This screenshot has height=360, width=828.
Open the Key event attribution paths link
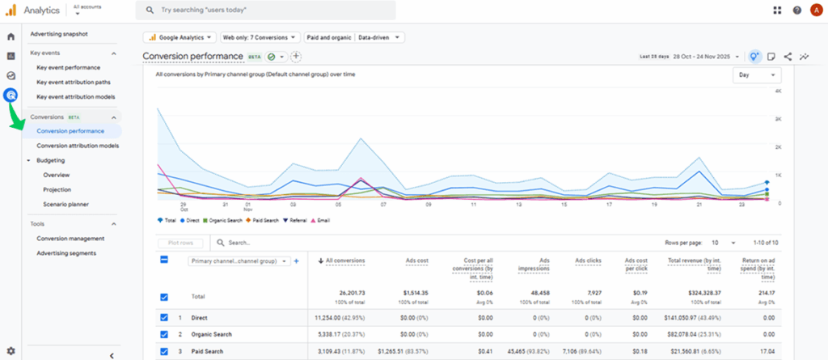point(74,82)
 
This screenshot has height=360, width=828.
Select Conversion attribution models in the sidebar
point(78,146)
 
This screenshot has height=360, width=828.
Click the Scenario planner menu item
point(66,204)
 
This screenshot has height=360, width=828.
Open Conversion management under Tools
point(71,239)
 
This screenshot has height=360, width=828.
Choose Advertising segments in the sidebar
point(66,253)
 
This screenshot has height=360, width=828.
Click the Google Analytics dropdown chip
point(180,37)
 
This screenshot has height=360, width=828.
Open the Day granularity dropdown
point(757,74)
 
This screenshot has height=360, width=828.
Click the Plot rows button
point(181,242)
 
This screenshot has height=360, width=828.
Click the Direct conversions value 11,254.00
point(340,318)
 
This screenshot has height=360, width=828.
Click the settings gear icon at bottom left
point(11,349)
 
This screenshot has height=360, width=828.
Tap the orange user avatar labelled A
point(815,10)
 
